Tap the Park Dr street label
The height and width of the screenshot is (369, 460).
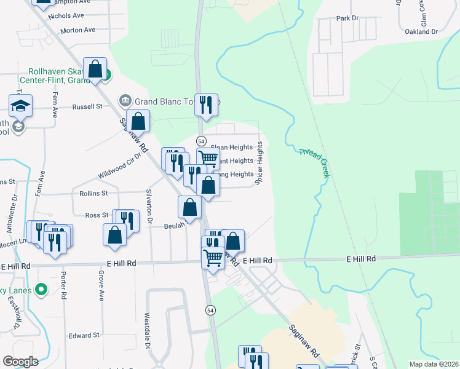click(x=347, y=18)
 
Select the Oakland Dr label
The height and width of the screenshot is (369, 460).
click(x=421, y=31)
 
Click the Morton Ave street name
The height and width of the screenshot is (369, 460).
click(x=78, y=30)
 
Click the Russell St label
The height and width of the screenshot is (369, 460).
click(x=87, y=106)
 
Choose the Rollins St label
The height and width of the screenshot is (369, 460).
click(x=93, y=193)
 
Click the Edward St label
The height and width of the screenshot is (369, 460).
click(x=84, y=335)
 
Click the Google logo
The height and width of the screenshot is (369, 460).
click(x=20, y=362)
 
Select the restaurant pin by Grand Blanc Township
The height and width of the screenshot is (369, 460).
click(x=206, y=106)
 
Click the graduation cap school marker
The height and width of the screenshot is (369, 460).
click(x=20, y=106)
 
